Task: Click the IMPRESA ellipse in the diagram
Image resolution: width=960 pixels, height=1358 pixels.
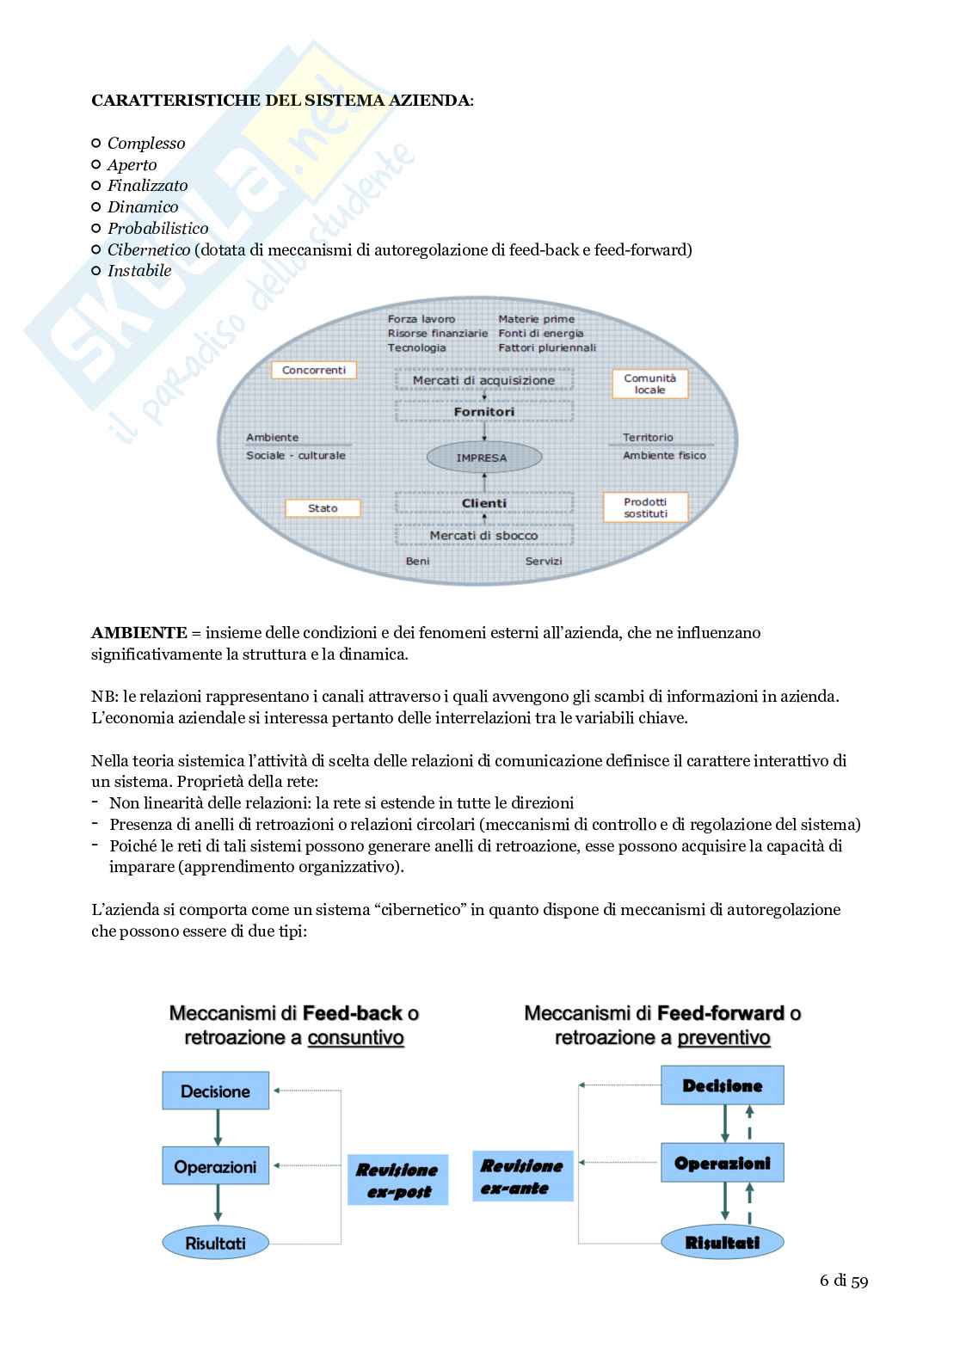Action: click(484, 458)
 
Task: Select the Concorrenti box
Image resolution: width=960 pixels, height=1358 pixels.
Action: click(314, 370)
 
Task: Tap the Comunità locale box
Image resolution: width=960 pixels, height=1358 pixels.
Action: click(650, 384)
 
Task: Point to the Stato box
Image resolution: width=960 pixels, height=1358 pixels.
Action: click(323, 508)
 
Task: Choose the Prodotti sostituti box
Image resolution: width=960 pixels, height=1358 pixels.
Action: click(645, 507)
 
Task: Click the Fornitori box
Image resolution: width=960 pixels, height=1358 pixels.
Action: click(484, 412)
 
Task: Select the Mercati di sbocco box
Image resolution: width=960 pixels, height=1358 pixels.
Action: click(484, 535)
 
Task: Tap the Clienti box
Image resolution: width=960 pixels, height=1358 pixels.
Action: click(484, 503)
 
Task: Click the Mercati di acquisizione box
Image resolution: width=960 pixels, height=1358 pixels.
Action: click(484, 380)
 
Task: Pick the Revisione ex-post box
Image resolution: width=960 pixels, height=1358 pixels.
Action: click(398, 1180)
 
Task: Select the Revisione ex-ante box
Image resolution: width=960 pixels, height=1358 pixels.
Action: click(522, 1177)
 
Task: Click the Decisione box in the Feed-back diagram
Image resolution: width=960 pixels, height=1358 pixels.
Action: click(215, 1091)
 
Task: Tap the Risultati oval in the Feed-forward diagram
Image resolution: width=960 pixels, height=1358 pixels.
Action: click(723, 1242)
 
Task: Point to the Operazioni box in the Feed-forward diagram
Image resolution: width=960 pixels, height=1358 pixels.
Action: click(723, 1163)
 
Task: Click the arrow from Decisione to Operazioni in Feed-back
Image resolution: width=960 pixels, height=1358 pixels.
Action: click(218, 1128)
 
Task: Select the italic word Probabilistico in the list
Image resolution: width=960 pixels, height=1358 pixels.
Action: click(157, 228)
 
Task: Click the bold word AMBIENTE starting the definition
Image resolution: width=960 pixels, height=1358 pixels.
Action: click(138, 632)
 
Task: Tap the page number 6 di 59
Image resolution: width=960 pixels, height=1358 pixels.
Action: click(844, 1281)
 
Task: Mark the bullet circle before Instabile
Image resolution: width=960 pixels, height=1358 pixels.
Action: click(96, 270)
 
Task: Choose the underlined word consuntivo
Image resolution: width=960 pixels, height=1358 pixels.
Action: click(355, 1037)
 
